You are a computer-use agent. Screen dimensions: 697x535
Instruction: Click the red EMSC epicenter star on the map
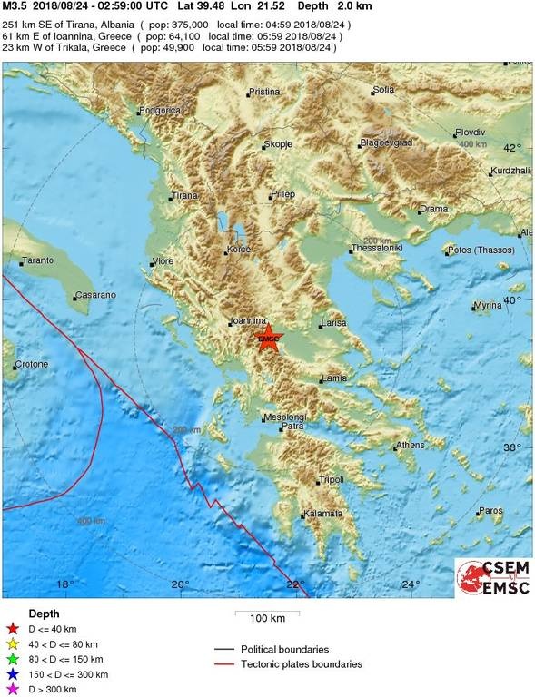pyautogui.click(x=269, y=339)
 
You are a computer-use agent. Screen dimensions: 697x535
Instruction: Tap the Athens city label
pyautogui.click(x=411, y=445)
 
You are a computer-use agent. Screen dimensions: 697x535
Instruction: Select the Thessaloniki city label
pyautogui.click(x=377, y=248)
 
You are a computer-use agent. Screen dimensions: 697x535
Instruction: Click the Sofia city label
pyautogui.click(x=383, y=90)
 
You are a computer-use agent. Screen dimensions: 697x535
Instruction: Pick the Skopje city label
pyautogui.click(x=276, y=144)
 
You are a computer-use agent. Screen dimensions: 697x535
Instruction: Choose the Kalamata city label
pyautogui.click(x=323, y=514)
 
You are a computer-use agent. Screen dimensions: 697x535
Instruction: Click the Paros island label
pyautogui.click(x=491, y=511)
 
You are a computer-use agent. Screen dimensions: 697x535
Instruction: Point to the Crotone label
pyautogui.click(x=32, y=365)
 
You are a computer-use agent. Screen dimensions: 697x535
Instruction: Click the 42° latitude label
pyautogui.click(x=513, y=147)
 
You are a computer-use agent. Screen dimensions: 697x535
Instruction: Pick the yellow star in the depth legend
pyautogui.click(x=12, y=643)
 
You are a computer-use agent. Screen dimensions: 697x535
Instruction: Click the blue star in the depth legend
pyautogui.click(x=12, y=674)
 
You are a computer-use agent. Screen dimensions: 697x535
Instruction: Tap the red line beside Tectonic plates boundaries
pyautogui.click(x=224, y=664)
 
